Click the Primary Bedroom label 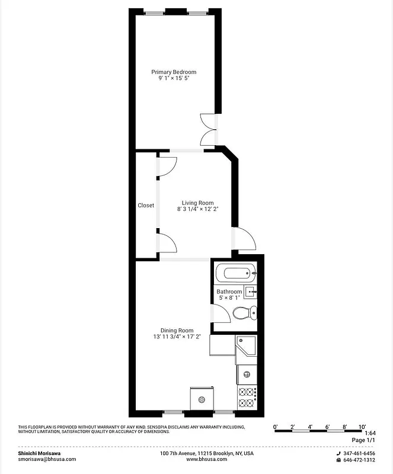tap(173, 72)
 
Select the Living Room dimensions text tap(197, 209)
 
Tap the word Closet tap(146, 206)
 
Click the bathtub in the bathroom tap(236, 274)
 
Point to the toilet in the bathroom tap(244, 312)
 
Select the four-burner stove tap(247, 398)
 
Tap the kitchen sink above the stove tap(246, 374)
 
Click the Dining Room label tap(177, 331)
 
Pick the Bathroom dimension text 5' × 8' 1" tap(229, 299)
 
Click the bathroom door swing tap(217, 313)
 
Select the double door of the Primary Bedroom tap(209, 129)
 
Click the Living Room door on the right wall tap(244, 239)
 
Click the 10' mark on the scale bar tap(362, 427)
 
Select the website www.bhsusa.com tap(206, 459)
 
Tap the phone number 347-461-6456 tap(359, 453)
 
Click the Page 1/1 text tap(363, 440)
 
